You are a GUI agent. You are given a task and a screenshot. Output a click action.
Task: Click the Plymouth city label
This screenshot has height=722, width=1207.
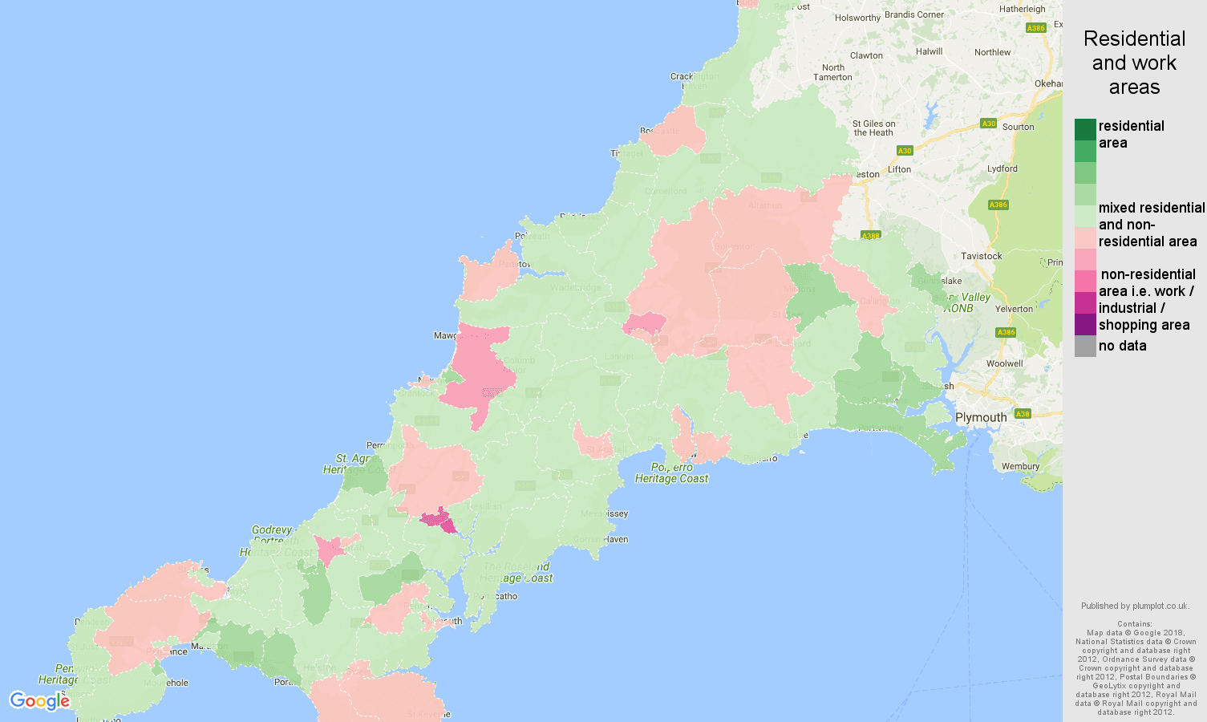click(x=981, y=417)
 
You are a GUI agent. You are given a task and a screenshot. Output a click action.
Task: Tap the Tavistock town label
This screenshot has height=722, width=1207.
click(x=982, y=256)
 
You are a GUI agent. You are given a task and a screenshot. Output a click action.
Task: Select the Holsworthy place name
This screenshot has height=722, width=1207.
click(x=857, y=18)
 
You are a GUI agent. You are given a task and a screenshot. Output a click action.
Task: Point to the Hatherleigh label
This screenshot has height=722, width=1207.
click(x=1023, y=9)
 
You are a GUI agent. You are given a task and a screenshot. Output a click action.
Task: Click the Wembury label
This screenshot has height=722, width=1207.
click(x=1020, y=466)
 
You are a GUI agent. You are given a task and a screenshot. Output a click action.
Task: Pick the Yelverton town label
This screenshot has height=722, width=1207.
click(x=1014, y=309)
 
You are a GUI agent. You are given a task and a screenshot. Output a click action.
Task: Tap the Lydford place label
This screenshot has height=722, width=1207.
click(x=1002, y=168)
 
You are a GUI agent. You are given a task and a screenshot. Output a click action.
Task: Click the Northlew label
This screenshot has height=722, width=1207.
click(x=993, y=52)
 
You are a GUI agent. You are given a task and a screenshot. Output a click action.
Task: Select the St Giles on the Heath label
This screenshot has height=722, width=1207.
click(x=873, y=128)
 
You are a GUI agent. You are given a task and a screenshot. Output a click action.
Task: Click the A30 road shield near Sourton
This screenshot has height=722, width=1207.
click(x=989, y=124)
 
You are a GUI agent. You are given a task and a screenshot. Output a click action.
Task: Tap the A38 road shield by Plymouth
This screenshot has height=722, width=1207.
click(x=1023, y=414)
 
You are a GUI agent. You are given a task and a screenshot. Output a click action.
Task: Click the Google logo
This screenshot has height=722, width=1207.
click(x=39, y=701)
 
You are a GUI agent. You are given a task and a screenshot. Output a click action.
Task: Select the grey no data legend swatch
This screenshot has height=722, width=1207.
click(x=1085, y=346)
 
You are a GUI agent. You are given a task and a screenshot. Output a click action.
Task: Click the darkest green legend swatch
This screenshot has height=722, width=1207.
click(x=1085, y=129)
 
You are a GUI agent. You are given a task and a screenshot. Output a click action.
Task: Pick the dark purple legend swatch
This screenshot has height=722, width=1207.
click(x=1085, y=324)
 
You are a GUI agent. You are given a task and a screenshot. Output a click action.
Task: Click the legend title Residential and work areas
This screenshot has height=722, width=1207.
click(x=1134, y=63)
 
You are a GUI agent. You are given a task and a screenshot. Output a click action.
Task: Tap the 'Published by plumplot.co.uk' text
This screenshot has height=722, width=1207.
click(x=1134, y=606)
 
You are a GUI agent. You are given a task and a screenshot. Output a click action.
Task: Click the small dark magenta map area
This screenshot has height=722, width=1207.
click(x=439, y=521)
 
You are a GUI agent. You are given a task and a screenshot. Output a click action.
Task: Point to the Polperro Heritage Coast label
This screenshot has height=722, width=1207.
click(x=672, y=473)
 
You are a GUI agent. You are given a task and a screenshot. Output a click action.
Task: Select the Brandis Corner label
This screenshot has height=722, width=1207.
click(x=914, y=14)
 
